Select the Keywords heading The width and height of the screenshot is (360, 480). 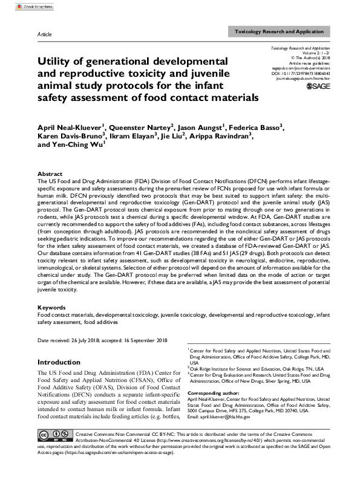pos(51,308)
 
